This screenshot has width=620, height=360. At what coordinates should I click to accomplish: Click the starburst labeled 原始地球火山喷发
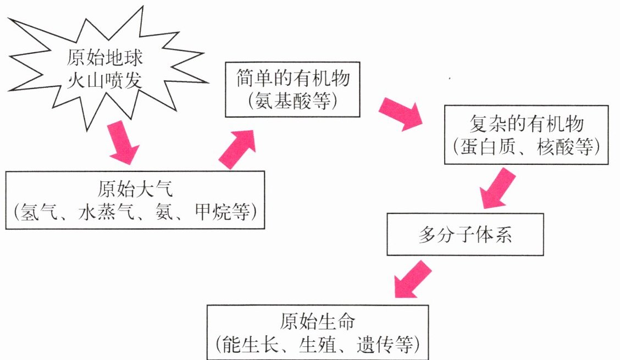click(x=105, y=69)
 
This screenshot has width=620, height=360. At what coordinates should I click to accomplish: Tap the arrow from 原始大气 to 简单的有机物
click(x=238, y=149)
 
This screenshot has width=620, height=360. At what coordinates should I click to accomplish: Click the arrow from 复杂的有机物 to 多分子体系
click(x=497, y=189)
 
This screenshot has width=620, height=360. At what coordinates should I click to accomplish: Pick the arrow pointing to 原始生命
click(x=412, y=279)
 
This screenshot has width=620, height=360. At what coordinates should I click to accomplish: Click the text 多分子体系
click(x=465, y=235)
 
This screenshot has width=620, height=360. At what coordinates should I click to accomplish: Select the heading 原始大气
click(x=135, y=189)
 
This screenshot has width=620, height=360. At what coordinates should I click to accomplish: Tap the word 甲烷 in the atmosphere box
click(x=213, y=212)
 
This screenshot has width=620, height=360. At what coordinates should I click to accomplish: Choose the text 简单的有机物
click(x=293, y=77)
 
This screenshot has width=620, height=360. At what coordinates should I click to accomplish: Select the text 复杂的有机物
click(x=527, y=124)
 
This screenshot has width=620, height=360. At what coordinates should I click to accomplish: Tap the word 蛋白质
click(x=488, y=147)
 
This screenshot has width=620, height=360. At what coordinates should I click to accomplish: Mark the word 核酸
click(x=555, y=147)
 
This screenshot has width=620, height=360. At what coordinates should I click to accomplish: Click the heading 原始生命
click(x=318, y=321)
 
